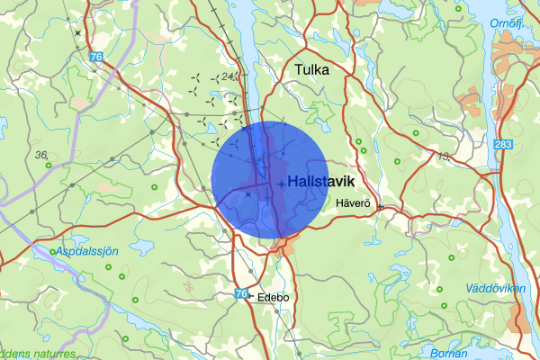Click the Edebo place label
pyautogui.click(x=274, y=296)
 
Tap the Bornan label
pyautogui.click(x=448, y=352)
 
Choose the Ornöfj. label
pyautogui.click(x=506, y=22)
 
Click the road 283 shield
pyautogui.click(x=504, y=145)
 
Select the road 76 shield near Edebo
pyautogui.click(x=239, y=294)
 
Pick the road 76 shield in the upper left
pyautogui.click(x=95, y=58)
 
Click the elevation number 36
pyautogui.click(x=41, y=156)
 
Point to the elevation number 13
pyautogui.click(x=443, y=157)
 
